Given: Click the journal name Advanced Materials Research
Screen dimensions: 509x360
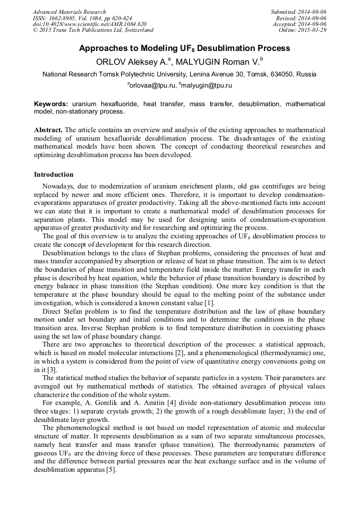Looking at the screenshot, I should (69, 12).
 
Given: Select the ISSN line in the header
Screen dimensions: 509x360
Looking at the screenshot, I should (82, 18).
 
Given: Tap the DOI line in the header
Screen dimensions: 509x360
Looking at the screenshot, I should (89, 24).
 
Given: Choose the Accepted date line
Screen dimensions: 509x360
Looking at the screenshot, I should (299, 24).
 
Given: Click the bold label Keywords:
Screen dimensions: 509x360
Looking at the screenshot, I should (51, 105).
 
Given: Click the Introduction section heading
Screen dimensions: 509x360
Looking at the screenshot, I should (54, 174).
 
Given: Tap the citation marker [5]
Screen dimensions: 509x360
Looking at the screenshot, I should (110, 470).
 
